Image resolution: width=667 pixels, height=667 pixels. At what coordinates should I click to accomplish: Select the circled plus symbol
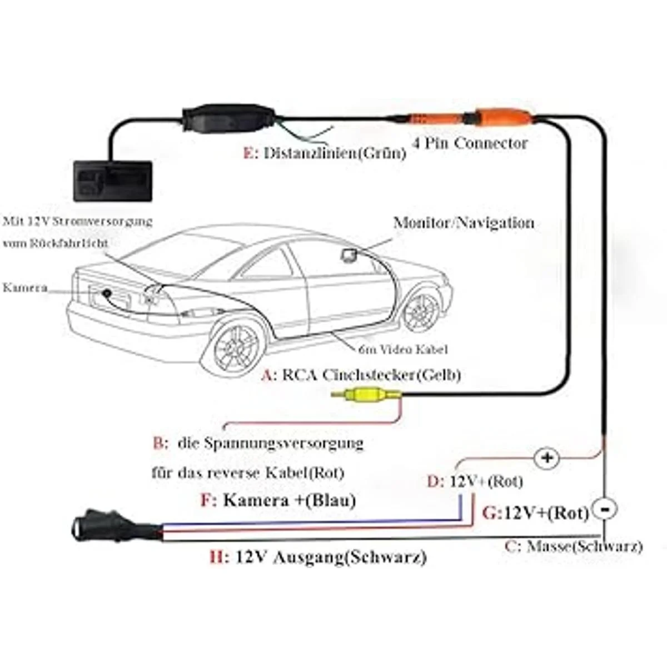pyautogui.click(x=548, y=458)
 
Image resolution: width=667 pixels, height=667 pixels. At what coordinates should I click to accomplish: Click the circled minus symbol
pyautogui.click(x=606, y=508)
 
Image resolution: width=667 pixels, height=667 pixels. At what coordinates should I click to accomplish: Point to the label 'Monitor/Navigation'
pyautogui.click(x=464, y=223)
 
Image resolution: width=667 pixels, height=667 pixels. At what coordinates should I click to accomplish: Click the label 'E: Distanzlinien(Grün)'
pyautogui.click(x=325, y=153)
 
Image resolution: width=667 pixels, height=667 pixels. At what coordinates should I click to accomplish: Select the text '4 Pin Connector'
pyautogui.click(x=470, y=143)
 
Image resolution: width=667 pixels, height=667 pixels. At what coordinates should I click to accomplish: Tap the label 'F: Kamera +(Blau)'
pyautogui.click(x=278, y=500)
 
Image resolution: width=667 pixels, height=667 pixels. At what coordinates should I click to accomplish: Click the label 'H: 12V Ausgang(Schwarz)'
pyautogui.click(x=317, y=556)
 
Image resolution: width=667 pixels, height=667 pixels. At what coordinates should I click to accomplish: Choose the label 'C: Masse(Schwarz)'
pyautogui.click(x=573, y=546)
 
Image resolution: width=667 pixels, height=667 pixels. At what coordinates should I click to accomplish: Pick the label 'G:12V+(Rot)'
pyautogui.click(x=535, y=512)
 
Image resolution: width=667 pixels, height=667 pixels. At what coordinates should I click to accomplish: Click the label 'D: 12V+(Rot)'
pyautogui.click(x=475, y=481)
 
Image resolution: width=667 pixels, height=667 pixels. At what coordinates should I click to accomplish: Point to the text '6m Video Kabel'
pyautogui.click(x=403, y=349)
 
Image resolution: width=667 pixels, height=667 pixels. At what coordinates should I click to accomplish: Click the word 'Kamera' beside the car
pyautogui.click(x=25, y=287)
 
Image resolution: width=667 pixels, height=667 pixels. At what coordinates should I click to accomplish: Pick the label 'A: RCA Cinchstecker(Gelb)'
pyautogui.click(x=361, y=375)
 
